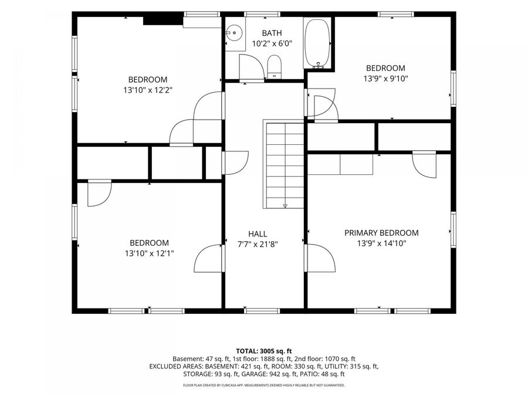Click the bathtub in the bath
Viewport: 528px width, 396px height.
click(x=317, y=43)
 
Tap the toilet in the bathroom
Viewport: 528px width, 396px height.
click(x=274, y=67)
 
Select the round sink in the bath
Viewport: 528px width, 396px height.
click(x=234, y=33)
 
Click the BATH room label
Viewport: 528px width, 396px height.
click(x=272, y=33)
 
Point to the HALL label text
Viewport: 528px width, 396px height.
click(x=258, y=234)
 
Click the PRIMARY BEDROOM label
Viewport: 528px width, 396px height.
click(x=381, y=233)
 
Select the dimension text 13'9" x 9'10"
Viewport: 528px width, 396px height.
click(x=385, y=79)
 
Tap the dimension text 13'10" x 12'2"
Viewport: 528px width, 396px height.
click(x=148, y=90)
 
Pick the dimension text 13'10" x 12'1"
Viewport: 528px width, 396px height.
click(x=149, y=253)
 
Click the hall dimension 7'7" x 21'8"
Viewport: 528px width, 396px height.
click(x=258, y=244)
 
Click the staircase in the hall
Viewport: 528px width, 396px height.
click(x=283, y=164)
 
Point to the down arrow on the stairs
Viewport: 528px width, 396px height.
click(x=285, y=206)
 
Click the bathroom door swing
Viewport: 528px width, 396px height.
click(x=252, y=67)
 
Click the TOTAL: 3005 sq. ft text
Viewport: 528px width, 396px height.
click(x=263, y=351)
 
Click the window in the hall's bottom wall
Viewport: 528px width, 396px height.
click(x=262, y=311)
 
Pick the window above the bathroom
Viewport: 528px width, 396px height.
click(x=262, y=14)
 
